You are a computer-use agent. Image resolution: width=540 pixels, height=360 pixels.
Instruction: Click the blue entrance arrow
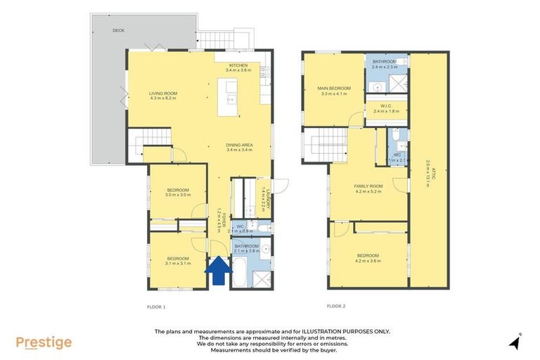coord(218,271)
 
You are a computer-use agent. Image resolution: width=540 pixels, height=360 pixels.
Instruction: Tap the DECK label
coord(118,30)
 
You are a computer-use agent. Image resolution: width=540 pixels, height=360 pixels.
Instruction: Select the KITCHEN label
coord(238,65)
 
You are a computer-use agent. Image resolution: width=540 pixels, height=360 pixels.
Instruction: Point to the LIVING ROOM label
coord(162,94)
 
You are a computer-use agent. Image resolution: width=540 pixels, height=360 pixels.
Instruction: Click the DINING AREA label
coord(240,146)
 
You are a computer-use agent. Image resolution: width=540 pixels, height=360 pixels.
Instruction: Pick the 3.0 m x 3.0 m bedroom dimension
coord(178,195)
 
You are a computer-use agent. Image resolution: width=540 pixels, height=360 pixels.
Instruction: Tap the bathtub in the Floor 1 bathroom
coord(240,272)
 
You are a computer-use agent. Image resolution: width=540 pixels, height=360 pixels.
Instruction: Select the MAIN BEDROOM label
coord(335,88)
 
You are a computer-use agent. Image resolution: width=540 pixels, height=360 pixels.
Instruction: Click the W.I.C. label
coord(385,105)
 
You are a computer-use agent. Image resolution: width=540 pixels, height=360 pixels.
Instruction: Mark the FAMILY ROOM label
coord(367,185)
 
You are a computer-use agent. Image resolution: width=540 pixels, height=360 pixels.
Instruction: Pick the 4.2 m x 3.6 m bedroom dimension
coord(368,260)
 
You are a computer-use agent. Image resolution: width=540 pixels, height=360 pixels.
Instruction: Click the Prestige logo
coord(44,342)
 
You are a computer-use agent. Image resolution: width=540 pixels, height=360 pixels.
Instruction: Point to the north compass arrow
coord(516,342)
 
